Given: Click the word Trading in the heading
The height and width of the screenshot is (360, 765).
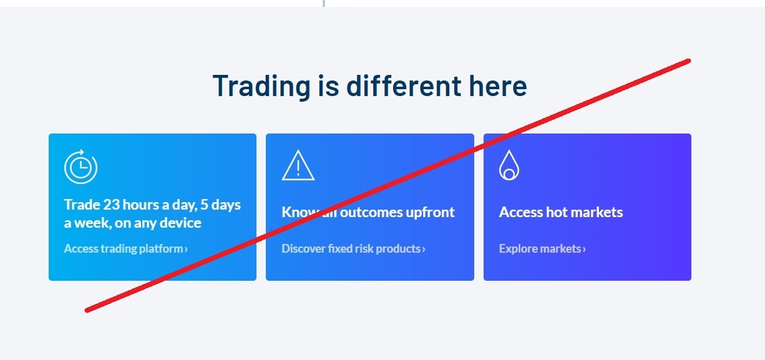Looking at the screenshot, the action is tap(261, 87).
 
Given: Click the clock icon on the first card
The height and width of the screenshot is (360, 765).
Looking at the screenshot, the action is tap(80, 167).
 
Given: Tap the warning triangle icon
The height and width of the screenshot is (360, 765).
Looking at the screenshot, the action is tap(298, 165).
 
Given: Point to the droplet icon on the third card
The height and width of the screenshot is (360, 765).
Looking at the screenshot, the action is tap(509, 165).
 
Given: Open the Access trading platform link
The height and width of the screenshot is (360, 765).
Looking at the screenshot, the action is tap(125, 249).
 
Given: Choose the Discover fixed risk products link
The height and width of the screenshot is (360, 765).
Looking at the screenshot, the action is tap(353, 249).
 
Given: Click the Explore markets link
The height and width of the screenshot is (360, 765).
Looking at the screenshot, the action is tap(542, 249).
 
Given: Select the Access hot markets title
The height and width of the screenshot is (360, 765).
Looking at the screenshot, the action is tap(561, 212).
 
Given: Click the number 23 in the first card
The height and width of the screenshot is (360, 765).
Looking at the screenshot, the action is tap(111, 205).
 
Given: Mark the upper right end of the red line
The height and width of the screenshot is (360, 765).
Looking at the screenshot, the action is tap(689, 61).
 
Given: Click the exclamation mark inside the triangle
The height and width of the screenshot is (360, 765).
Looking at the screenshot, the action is tap(298, 168).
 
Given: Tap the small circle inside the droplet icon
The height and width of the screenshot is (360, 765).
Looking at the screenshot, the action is tap(509, 174).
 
